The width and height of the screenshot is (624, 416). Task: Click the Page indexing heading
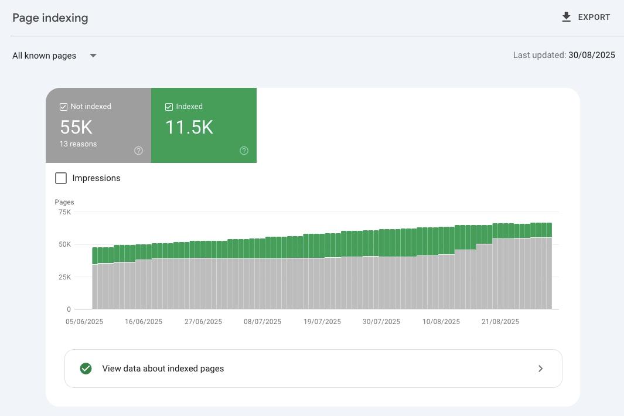(x=50, y=18)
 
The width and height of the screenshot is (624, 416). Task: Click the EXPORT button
(x=594, y=18)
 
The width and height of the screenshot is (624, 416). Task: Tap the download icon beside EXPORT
(x=566, y=17)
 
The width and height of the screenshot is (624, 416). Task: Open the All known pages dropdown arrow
(x=93, y=56)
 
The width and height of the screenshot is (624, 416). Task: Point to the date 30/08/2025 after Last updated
(x=591, y=55)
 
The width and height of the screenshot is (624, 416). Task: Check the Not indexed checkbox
(x=63, y=107)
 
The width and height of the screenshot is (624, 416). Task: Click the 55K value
(x=76, y=127)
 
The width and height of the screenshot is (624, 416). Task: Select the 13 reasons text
(x=78, y=144)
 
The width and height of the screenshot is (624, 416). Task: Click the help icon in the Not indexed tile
(x=138, y=151)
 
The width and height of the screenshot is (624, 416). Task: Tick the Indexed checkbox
(x=169, y=107)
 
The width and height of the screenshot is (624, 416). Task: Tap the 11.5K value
(x=189, y=127)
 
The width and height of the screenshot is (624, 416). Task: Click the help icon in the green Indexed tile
(x=244, y=151)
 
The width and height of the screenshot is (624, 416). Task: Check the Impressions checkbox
(x=61, y=178)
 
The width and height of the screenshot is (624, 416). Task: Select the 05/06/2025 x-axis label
(x=84, y=322)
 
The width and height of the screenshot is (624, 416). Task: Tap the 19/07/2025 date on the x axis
(x=322, y=322)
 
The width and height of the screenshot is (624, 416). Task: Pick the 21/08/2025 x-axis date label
(x=500, y=322)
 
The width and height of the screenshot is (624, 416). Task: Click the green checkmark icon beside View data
(x=86, y=369)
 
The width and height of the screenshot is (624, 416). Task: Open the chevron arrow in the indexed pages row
(x=540, y=369)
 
